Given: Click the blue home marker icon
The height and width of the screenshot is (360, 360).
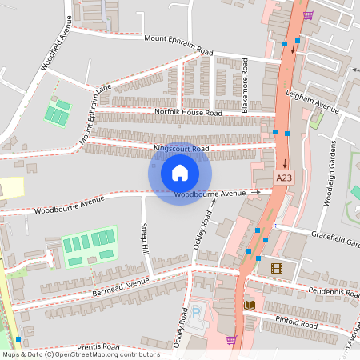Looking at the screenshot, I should (180, 172).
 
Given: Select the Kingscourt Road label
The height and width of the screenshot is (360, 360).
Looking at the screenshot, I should (181, 149).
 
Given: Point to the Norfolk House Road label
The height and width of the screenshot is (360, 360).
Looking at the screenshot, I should (188, 113).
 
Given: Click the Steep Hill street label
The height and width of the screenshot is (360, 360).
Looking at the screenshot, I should (145, 238).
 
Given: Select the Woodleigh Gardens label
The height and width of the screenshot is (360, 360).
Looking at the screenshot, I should (327, 175).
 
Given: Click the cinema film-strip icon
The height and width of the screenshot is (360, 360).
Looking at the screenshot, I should (277, 268).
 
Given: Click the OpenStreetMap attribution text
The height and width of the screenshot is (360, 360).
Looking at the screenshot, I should (80, 354).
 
